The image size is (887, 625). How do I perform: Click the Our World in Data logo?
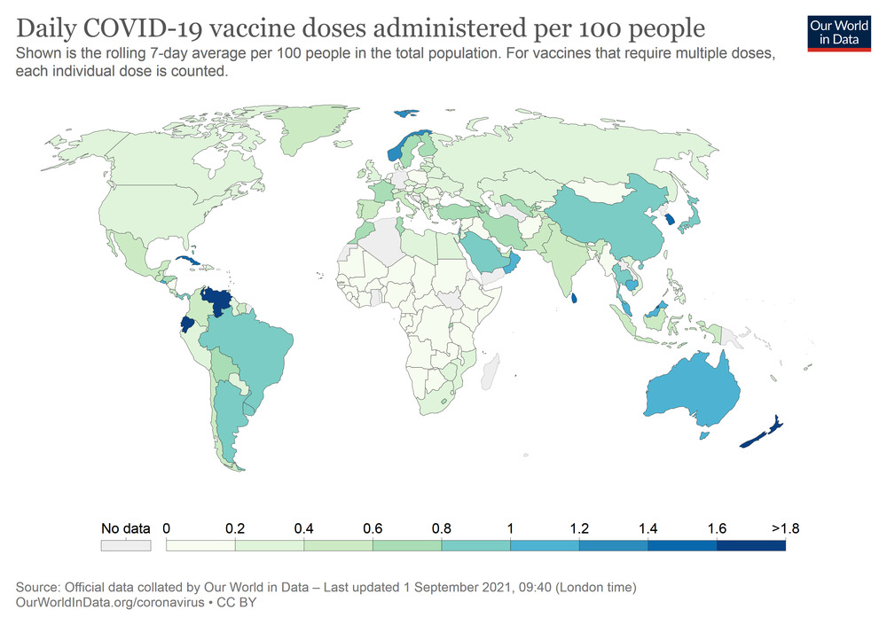(838, 32)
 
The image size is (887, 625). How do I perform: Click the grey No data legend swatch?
(125, 546)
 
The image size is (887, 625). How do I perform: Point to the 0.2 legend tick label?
(235, 528)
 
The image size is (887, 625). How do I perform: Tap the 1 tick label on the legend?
(511, 528)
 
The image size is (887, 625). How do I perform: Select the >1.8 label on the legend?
(785, 528)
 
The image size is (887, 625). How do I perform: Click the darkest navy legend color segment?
(751, 546)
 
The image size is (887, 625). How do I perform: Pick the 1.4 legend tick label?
(648, 528)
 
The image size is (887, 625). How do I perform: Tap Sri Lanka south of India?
(576, 297)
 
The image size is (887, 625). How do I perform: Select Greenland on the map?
(310, 133)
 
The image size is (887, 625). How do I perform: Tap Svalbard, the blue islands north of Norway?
(407, 113)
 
